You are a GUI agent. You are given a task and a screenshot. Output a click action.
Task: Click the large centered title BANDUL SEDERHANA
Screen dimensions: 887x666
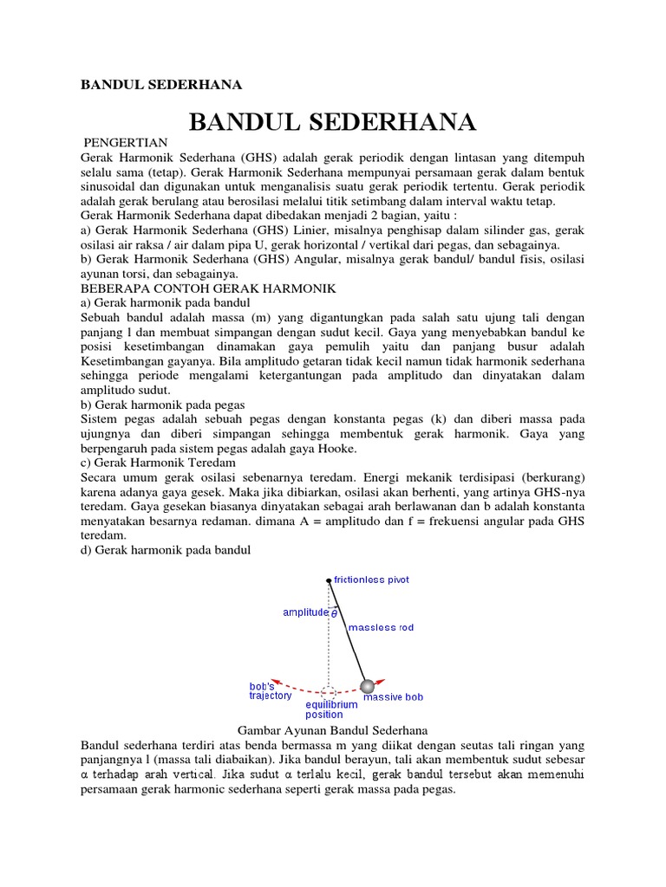coord(332,122)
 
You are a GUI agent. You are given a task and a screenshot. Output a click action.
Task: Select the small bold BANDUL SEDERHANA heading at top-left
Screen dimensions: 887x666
coord(160,85)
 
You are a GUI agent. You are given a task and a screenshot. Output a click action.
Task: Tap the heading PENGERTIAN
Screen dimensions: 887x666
coord(126,142)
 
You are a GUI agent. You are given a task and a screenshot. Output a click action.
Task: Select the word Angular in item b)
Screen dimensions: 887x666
coord(320,259)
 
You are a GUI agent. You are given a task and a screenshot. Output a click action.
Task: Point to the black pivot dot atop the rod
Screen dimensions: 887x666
coord(329,580)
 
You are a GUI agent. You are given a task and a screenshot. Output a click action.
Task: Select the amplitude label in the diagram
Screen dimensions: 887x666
coord(306,612)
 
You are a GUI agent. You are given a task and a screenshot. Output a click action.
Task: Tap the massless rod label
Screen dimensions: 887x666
coord(381,627)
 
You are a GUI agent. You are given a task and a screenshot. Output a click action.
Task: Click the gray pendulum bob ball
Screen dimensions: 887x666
coord(368,685)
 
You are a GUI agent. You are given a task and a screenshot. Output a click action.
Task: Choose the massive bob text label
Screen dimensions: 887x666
coord(393,697)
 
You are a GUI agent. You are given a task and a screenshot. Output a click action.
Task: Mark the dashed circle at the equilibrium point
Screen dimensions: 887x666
coord(329,692)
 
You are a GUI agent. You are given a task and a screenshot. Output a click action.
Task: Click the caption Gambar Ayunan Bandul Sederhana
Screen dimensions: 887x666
coord(333,730)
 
